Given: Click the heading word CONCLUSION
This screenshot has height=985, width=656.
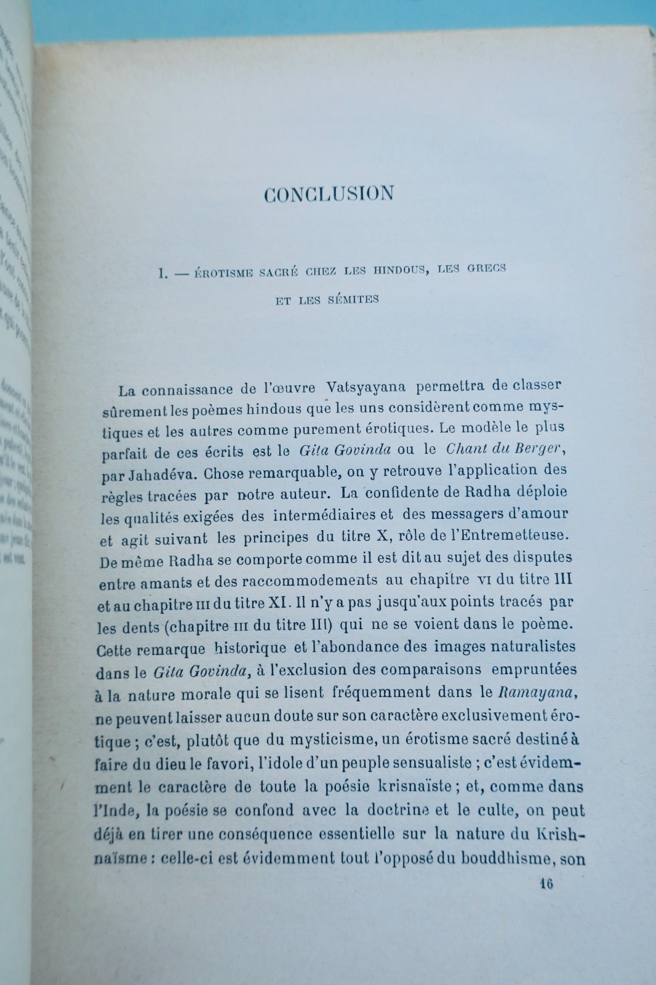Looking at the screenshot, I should click(x=329, y=194).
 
